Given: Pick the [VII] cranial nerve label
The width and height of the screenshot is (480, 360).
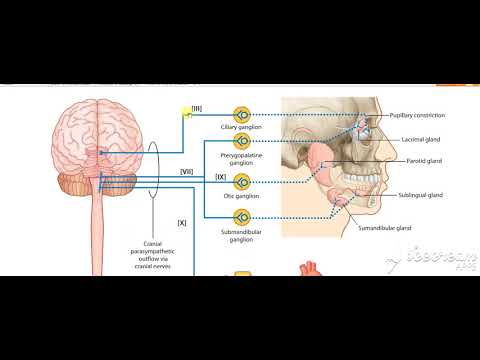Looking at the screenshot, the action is (x=186, y=171).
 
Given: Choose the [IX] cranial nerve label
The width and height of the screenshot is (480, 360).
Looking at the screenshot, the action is (x=220, y=177).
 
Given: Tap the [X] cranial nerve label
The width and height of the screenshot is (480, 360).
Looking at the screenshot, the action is (x=181, y=222).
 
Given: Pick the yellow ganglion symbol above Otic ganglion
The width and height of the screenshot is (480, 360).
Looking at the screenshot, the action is (x=241, y=184).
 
